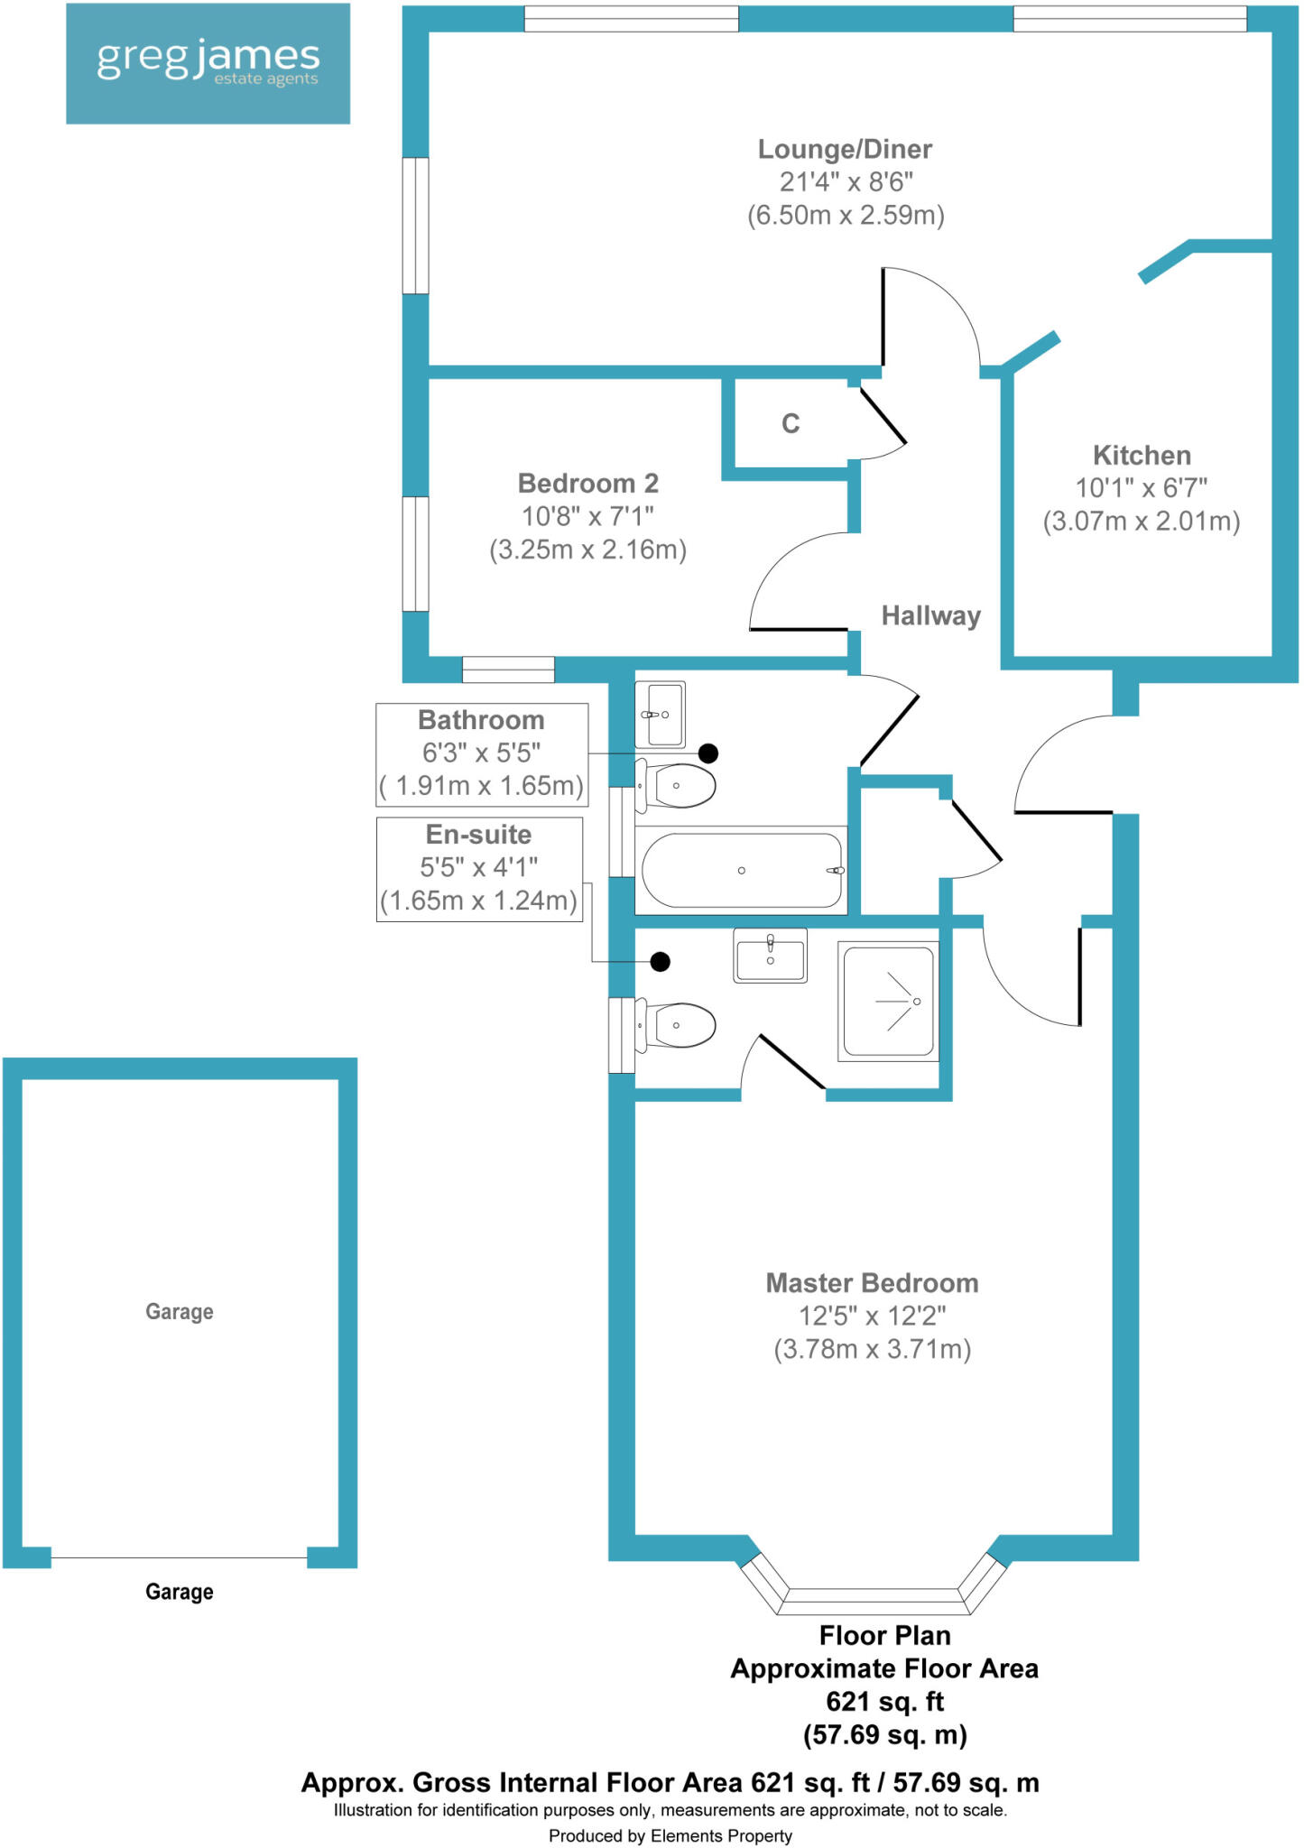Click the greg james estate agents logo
coord(208,63)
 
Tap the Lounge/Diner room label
coord(845,149)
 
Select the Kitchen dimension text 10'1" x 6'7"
coord(1141,488)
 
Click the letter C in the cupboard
coord(791,423)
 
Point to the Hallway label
coord(930,616)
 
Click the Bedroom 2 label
coord(587,484)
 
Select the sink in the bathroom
coord(661,715)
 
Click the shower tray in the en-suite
coord(889,1001)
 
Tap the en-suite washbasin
coord(770,956)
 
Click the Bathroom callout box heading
coord(481,720)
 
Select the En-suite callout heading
coord(478,835)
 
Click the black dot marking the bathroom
coord(708,753)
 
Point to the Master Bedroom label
coord(872,1283)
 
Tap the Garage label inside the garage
coord(180,1311)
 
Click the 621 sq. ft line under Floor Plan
coord(884,1702)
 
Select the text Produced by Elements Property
coord(670,1835)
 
